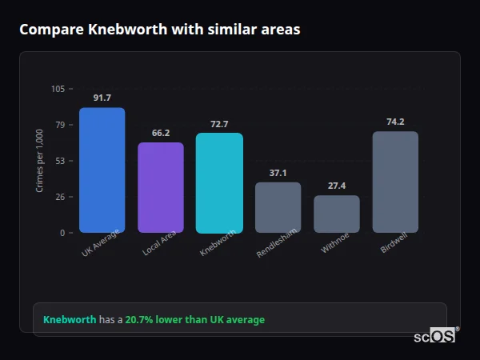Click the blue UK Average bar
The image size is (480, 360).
[x=102, y=170]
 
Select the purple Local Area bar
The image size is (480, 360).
[x=160, y=187]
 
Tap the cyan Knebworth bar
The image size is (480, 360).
[x=219, y=182]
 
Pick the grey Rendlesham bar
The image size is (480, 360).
[x=278, y=207]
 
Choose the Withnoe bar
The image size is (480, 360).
[x=337, y=214]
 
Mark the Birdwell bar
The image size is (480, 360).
[x=395, y=182]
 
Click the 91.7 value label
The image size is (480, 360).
[x=102, y=98]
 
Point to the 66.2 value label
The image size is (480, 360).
[x=160, y=133]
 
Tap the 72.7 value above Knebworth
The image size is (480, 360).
[x=219, y=124]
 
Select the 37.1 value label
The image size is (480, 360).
[x=278, y=173]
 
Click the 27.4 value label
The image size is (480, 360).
[x=337, y=186]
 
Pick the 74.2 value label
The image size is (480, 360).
[x=395, y=122]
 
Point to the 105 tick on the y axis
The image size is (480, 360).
[x=58, y=89]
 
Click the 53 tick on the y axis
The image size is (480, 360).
[x=60, y=161]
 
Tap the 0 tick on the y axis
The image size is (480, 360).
[x=62, y=233]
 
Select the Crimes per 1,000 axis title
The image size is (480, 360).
[x=39, y=161]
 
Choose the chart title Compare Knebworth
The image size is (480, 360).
[x=160, y=30]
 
